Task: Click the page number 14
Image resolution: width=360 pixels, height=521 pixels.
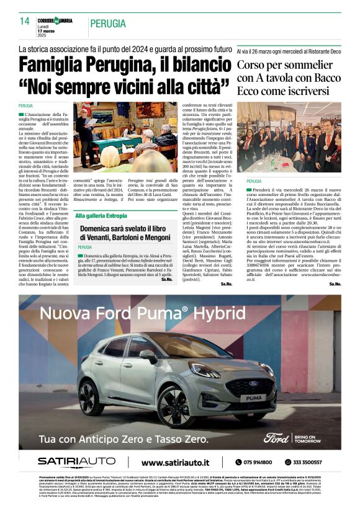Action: [25, 21]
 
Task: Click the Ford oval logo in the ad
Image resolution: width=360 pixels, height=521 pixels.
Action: [276, 438]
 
